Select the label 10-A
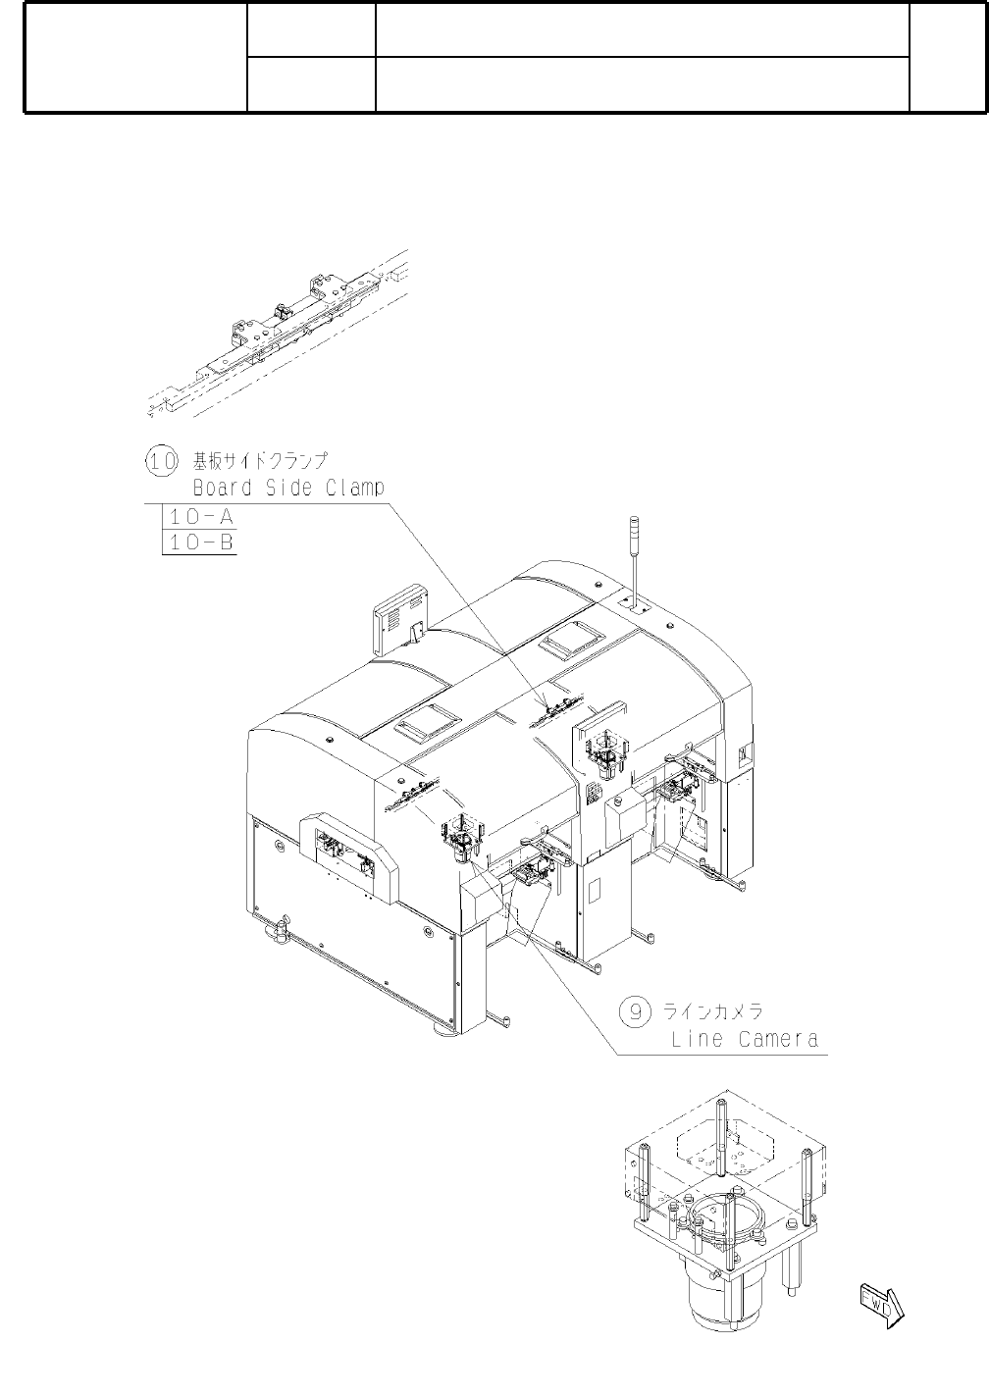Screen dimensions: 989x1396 click(x=199, y=517)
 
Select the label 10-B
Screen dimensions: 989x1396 click(x=199, y=542)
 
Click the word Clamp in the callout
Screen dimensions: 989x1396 click(x=351, y=488)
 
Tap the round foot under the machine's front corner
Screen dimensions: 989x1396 click(x=440, y=1031)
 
